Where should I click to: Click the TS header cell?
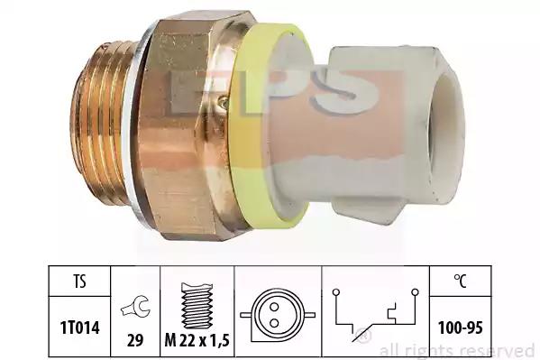(79, 281)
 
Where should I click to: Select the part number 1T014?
(80, 328)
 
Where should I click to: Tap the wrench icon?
(135, 308)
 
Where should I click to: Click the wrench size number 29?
(135, 341)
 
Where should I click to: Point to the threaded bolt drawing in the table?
(197, 306)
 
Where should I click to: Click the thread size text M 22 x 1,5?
(197, 341)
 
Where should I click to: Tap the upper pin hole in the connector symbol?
(274, 306)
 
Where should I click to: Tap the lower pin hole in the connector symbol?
(274, 323)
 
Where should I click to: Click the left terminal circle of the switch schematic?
(336, 292)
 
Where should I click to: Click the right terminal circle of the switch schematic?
(416, 292)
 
